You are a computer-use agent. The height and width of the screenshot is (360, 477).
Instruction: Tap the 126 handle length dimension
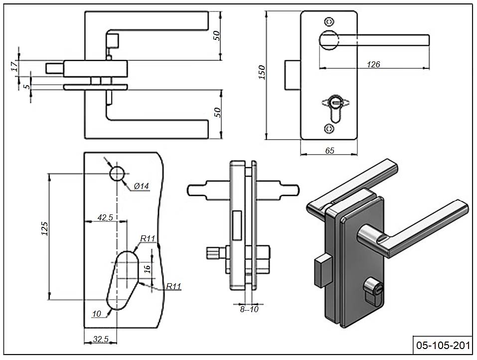click(x=373, y=64)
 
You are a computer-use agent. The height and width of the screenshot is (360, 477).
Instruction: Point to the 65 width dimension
click(x=329, y=151)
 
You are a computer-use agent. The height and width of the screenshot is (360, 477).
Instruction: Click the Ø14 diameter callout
click(x=142, y=186)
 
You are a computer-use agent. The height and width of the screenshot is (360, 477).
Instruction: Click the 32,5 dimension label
click(x=100, y=339)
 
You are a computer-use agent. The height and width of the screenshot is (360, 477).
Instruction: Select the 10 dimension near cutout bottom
click(x=97, y=313)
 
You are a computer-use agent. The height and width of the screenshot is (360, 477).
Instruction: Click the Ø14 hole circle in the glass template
click(x=117, y=174)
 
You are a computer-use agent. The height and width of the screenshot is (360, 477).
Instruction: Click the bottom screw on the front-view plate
click(x=328, y=129)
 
